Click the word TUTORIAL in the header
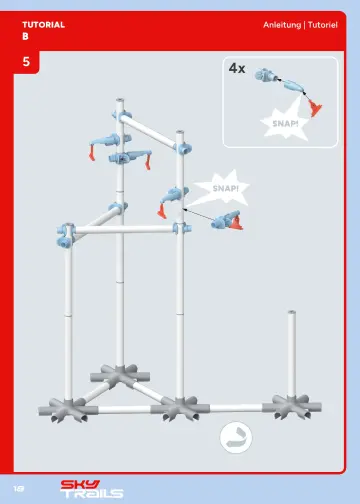click(43, 23)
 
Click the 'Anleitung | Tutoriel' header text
click(300, 23)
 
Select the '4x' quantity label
click(237, 68)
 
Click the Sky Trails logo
click(91, 488)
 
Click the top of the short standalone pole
click(292, 316)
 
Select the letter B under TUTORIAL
click(25, 35)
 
